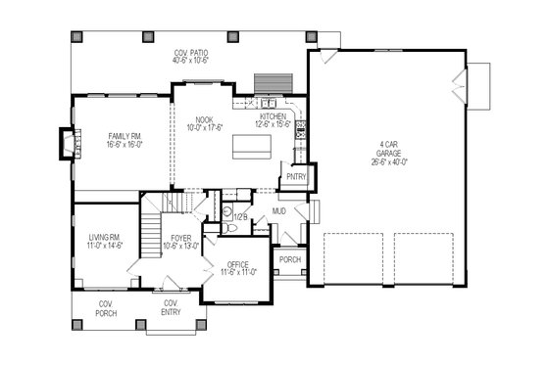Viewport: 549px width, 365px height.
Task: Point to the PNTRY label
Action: pyautogui.click(x=296, y=177)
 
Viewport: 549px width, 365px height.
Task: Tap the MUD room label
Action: pyautogui.click(x=279, y=210)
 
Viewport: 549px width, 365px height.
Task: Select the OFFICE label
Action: pyautogui.click(x=237, y=263)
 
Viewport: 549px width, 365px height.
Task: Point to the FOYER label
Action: pyautogui.click(x=181, y=238)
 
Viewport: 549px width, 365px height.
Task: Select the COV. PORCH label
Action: pyautogui.click(x=107, y=308)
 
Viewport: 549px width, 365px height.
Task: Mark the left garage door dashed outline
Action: pyautogui.click(x=357, y=258)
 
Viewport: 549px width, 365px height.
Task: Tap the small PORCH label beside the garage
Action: pyautogui.click(x=290, y=260)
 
